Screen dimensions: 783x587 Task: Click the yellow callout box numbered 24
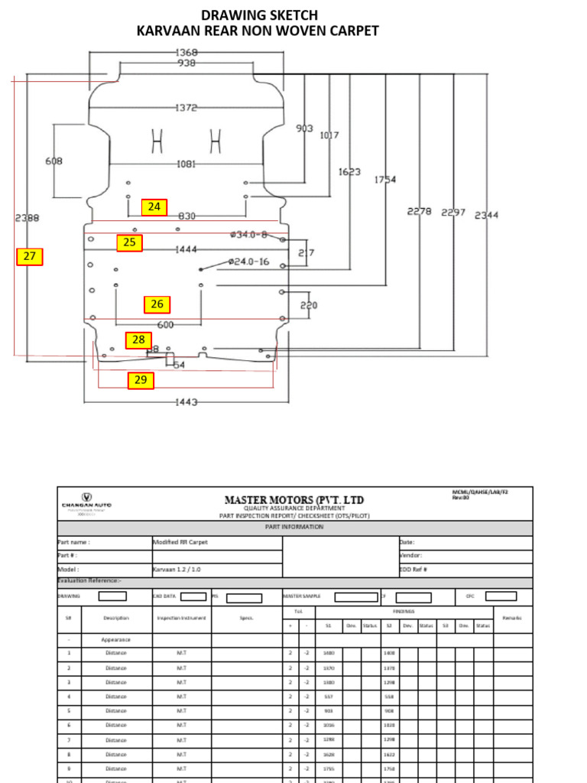click(154, 206)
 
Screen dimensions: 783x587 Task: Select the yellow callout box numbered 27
click(30, 256)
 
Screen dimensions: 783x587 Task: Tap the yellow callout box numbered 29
click(141, 380)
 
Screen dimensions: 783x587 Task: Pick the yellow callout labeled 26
click(157, 304)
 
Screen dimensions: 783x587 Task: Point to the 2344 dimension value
click(486, 216)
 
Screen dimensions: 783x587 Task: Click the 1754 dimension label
click(384, 180)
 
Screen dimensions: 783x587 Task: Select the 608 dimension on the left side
click(54, 161)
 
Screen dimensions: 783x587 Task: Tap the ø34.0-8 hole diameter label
click(248, 235)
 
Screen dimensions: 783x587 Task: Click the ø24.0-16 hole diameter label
click(248, 262)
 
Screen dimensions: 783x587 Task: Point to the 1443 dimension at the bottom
click(186, 402)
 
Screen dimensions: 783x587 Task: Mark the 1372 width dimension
click(186, 108)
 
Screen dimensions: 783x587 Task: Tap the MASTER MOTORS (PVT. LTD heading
click(294, 499)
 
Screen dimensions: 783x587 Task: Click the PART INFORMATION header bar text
click(294, 528)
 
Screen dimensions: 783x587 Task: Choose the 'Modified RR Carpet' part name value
click(180, 542)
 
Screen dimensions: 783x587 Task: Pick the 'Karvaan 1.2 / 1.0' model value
click(180, 570)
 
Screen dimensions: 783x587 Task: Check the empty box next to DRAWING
click(112, 596)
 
